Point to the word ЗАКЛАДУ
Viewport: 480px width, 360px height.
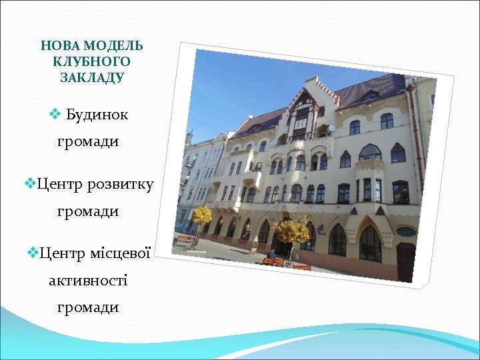click(92, 77)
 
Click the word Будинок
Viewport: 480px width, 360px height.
click(97, 115)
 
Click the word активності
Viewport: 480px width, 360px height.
click(88, 280)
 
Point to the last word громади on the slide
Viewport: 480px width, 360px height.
click(88, 307)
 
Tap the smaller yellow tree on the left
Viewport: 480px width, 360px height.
click(202, 215)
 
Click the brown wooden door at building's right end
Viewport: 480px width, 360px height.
click(405, 261)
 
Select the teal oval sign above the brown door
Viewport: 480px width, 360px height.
click(406, 232)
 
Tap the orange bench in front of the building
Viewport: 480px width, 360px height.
click(275, 261)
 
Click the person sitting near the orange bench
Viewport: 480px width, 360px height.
click(271, 255)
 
